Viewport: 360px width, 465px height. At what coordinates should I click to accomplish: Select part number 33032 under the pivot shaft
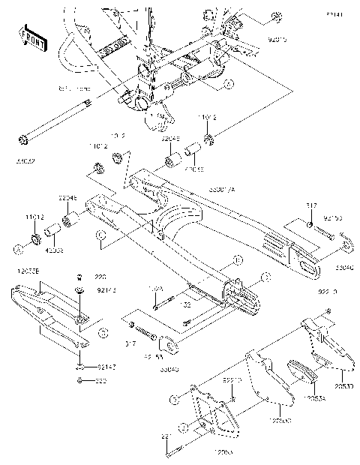pyautogui.click(x=25, y=160)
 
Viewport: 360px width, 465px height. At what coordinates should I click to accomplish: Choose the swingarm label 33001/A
pyautogui.click(x=221, y=190)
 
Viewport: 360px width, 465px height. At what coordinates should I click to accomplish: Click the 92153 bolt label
pyautogui.click(x=333, y=218)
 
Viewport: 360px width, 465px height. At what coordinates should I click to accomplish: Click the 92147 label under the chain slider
pyautogui.click(x=106, y=367)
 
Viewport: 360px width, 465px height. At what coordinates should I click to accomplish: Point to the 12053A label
pyautogui.click(x=313, y=399)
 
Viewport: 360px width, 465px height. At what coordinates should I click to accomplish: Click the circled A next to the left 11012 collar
pyautogui.click(x=16, y=246)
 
